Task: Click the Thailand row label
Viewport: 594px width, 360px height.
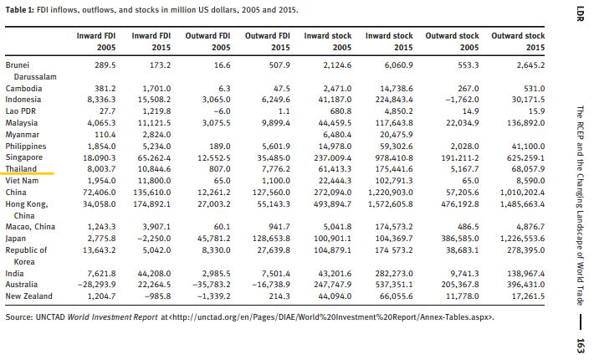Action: tap(21, 169)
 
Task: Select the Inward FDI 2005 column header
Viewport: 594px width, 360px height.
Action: tap(96, 42)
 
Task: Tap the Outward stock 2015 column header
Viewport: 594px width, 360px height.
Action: tap(518, 42)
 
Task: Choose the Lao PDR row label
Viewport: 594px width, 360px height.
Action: tap(20, 111)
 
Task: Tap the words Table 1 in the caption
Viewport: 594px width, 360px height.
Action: tap(20, 10)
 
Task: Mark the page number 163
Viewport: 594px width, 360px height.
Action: tap(580, 346)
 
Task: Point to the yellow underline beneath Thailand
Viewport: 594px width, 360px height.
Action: tap(27, 174)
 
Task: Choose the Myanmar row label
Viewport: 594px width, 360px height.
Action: tap(23, 135)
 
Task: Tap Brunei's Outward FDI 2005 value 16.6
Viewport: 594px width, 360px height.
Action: tap(222, 65)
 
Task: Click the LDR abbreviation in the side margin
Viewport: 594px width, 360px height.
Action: tap(580, 13)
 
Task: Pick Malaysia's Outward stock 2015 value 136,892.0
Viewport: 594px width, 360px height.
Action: tap(525, 123)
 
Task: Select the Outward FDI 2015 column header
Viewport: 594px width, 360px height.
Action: tap(268, 42)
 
